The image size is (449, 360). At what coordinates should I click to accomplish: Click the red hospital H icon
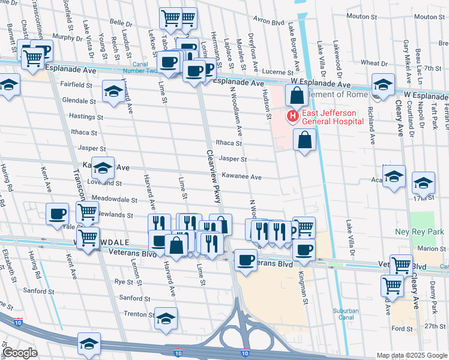click(293, 116)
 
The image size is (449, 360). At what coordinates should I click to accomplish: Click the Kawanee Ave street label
click(241, 177)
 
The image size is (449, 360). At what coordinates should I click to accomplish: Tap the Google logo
click(20, 353)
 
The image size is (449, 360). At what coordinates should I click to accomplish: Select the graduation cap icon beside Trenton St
click(166, 319)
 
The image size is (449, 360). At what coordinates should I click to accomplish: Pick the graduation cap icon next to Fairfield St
click(113, 91)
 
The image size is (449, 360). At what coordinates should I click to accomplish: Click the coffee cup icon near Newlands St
click(58, 214)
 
